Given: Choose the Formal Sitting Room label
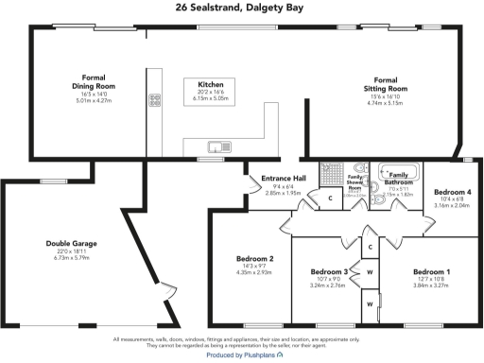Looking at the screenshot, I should click(x=384, y=84).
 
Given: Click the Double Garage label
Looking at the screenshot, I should click(x=71, y=243).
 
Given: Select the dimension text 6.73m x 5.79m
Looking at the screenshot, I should click(x=71, y=257).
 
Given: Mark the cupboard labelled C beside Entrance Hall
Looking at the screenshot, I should click(x=330, y=199).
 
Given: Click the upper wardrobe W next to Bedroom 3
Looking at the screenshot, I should click(x=370, y=271).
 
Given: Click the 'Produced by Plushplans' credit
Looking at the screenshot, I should click(x=242, y=355).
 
